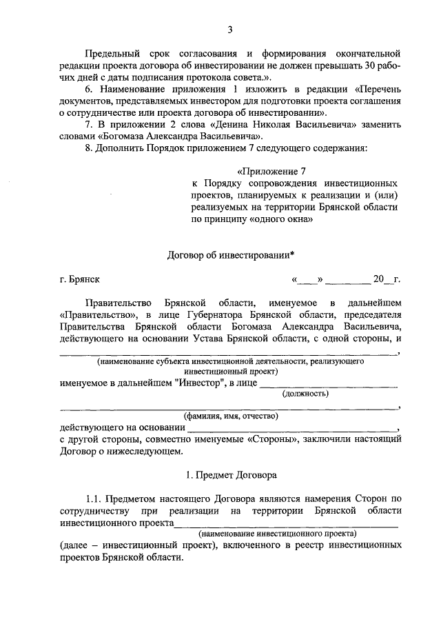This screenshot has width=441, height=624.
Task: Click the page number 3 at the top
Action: tap(230, 29)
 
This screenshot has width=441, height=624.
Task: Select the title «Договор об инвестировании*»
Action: tap(231, 255)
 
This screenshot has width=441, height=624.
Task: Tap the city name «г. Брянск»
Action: tap(80, 279)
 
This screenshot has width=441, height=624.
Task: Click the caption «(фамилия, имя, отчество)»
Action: tap(230, 416)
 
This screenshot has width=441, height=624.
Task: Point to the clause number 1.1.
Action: tap(95, 498)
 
